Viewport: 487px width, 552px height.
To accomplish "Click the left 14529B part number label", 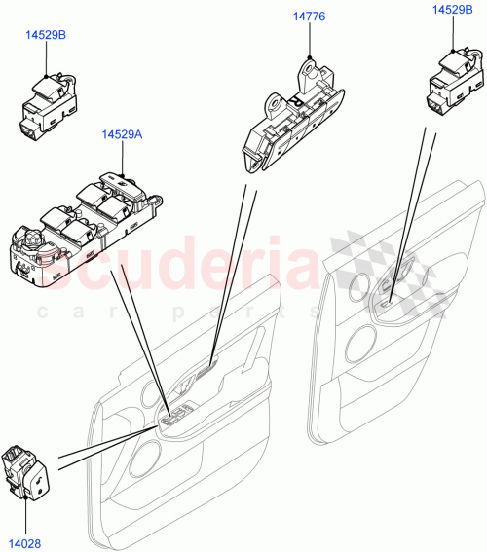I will click(x=46, y=35).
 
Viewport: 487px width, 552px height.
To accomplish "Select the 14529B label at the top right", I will click(x=453, y=9).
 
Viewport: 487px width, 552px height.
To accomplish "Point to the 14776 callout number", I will click(x=309, y=16).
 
